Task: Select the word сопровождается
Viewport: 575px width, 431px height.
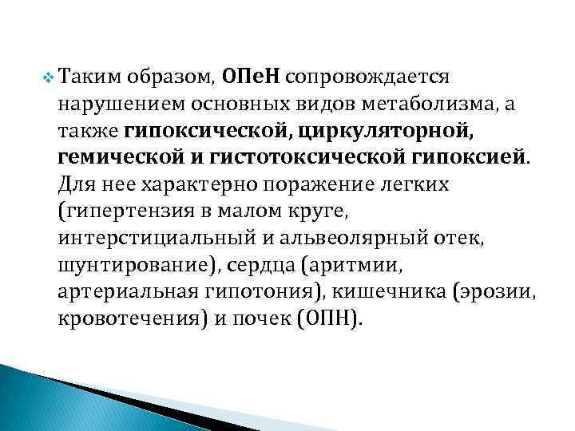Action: pos(369,77)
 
